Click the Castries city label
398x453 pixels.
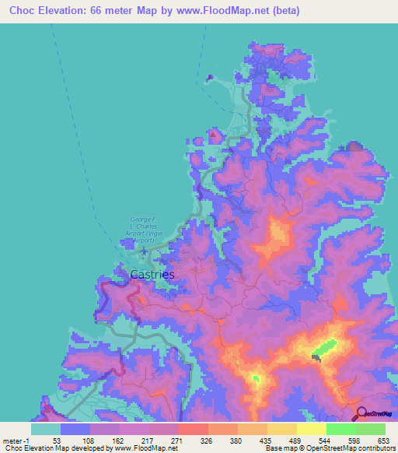click(152, 274)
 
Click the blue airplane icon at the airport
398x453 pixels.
click(144, 249)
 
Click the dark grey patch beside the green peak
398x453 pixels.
click(316, 357)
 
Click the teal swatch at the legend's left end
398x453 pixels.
click(45, 429)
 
